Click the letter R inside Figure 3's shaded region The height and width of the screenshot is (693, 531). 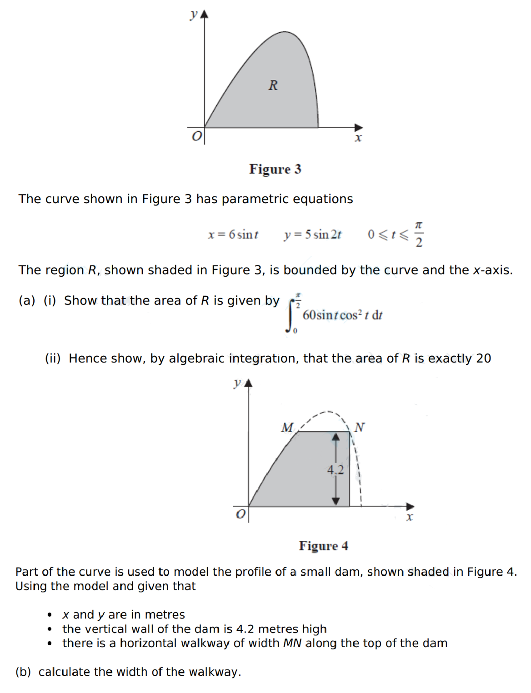click(273, 85)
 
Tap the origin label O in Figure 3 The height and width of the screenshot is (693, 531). click(196, 136)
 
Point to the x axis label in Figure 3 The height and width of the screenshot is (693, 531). click(358, 138)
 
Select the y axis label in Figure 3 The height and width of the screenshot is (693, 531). click(194, 15)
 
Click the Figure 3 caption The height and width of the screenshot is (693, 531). click(275, 169)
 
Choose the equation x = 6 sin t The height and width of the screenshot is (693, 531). click(233, 234)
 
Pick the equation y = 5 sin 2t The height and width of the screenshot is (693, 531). click(313, 234)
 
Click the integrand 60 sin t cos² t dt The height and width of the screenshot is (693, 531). click(342, 315)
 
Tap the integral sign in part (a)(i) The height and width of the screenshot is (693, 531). click(290, 315)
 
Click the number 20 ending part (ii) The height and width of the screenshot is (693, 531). click(483, 359)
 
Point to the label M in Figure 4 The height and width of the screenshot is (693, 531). click(287, 427)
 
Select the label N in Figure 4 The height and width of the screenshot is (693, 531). click(359, 427)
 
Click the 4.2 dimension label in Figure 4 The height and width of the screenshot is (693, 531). click(336, 469)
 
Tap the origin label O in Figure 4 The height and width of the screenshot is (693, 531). click(240, 514)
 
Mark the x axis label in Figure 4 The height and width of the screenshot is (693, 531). click(409, 517)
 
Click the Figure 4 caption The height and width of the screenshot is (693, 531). click(323, 546)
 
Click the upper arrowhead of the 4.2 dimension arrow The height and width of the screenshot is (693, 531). click(336, 437)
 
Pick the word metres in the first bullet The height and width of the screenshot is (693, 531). click(164, 615)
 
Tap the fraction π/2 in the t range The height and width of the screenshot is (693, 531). click(419, 234)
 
